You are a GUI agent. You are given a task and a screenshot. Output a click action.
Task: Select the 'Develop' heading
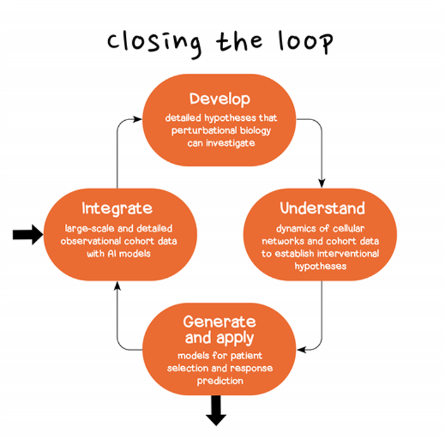[x=219, y=99]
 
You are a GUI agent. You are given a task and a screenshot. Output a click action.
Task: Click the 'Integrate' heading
[x=117, y=209]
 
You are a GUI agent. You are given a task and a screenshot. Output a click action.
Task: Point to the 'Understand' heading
[x=322, y=209]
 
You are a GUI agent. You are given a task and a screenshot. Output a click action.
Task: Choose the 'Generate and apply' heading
[x=219, y=329]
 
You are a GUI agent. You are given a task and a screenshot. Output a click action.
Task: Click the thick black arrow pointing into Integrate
[x=27, y=235]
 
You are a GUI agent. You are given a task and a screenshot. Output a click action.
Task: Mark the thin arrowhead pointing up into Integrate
[x=117, y=285]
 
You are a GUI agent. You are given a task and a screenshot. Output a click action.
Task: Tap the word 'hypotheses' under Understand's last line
[x=320, y=266]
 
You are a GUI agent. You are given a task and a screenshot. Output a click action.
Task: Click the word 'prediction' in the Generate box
[x=219, y=381]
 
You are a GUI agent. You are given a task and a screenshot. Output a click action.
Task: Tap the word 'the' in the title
[x=239, y=43]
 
